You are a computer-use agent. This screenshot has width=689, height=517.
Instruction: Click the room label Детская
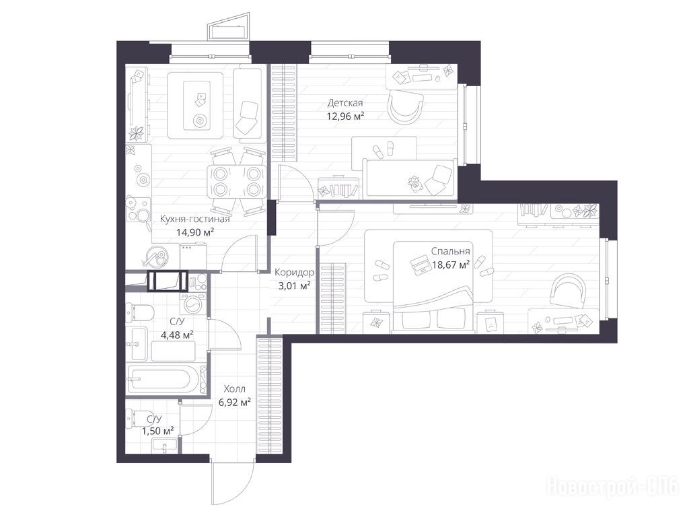345,103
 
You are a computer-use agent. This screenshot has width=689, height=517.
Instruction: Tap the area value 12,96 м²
345,116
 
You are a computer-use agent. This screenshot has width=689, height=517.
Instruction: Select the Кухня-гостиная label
194,219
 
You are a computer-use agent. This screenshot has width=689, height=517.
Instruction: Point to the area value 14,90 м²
195,232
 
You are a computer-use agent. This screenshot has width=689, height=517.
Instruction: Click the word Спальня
450,252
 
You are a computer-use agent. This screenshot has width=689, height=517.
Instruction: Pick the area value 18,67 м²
450,265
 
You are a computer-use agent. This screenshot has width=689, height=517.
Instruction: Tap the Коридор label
294,273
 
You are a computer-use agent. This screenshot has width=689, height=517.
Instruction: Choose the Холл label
235,389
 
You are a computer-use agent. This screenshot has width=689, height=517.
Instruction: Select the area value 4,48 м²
178,335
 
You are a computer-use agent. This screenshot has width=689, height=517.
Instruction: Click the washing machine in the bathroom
193,304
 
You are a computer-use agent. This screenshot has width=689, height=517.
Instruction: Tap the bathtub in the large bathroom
161,379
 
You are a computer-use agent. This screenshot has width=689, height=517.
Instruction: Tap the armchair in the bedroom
569,289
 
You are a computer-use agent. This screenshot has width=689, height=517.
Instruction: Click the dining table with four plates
238,182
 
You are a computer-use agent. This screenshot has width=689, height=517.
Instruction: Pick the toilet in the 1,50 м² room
134,417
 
